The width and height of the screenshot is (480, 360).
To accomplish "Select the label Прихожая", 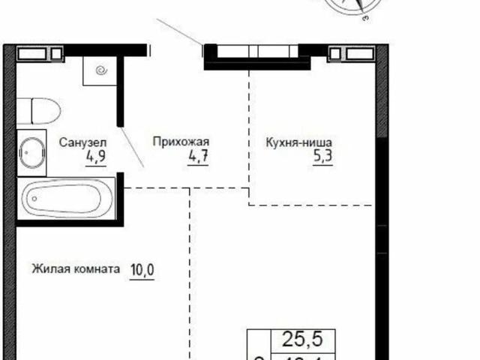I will click(179, 141).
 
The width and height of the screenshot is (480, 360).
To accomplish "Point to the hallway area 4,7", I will click(196, 157).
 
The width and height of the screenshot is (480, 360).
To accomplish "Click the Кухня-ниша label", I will click(298, 141).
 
